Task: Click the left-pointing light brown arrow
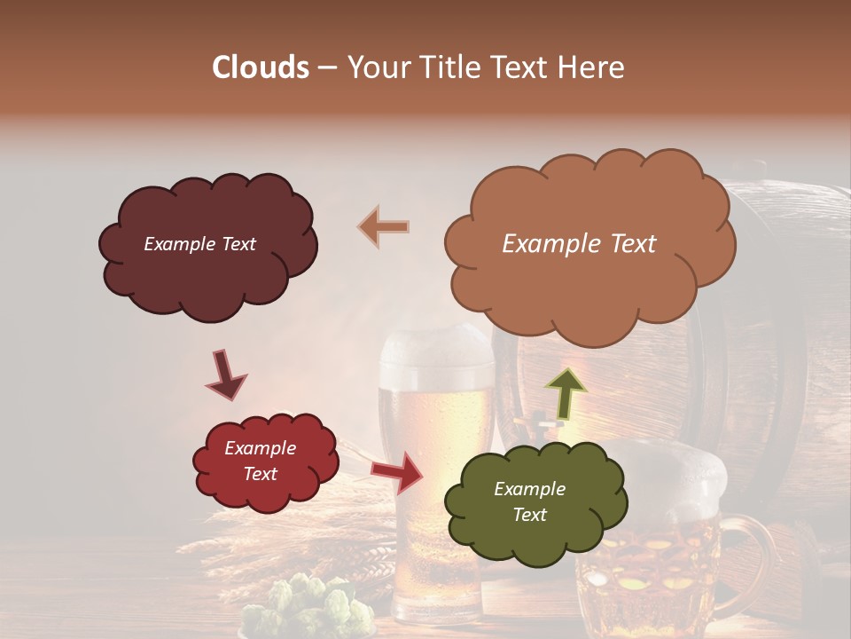pyautogui.click(x=383, y=227)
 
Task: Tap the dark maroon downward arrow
pyautogui.click(x=225, y=375)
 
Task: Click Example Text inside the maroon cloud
pyautogui.click(x=199, y=244)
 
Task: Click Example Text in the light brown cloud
pyautogui.click(x=579, y=244)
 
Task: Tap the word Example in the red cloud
pyautogui.click(x=260, y=448)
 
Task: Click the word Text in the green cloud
pyautogui.click(x=529, y=515)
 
